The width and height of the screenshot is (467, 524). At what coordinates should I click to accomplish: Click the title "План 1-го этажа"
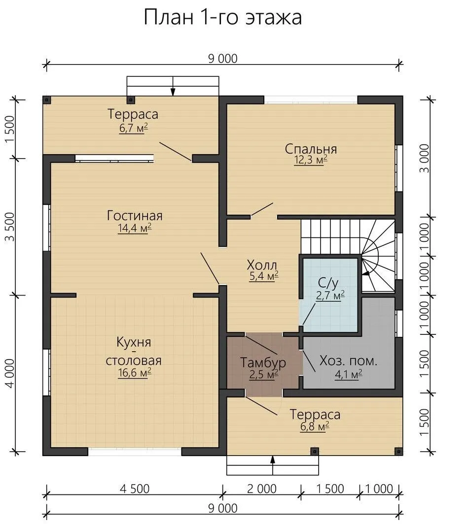point(223,17)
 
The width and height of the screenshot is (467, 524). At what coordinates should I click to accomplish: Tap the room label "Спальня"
point(311,149)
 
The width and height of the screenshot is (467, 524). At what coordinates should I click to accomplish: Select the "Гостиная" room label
point(135,216)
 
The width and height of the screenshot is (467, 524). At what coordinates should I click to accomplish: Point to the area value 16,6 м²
point(135,373)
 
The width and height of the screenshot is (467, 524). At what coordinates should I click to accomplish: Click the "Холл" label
point(262,265)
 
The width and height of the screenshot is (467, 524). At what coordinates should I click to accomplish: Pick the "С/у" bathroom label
point(328,283)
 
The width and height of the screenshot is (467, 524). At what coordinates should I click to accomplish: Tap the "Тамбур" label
point(263,362)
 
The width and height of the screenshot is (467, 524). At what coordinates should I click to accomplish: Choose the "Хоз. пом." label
point(348,361)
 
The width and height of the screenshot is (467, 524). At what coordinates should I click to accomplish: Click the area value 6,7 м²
point(134,128)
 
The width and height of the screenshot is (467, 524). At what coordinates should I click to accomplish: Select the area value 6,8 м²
point(315,426)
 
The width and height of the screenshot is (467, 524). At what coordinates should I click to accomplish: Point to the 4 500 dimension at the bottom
point(135,489)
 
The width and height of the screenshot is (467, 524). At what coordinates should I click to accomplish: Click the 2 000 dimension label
point(262,489)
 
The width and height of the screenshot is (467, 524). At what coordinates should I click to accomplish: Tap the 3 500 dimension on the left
point(10,227)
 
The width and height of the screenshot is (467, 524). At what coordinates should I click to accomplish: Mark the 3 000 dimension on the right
point(424,158)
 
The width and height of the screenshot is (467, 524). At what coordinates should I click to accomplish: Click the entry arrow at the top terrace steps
point(173,86)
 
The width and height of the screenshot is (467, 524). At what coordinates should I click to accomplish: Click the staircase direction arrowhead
point(365,273)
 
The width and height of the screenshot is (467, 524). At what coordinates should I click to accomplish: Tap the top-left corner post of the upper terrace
point(47,99)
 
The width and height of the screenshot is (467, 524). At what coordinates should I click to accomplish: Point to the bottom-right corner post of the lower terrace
point(398,452)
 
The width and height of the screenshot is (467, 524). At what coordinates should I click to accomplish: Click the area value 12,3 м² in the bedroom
point(311,160)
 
